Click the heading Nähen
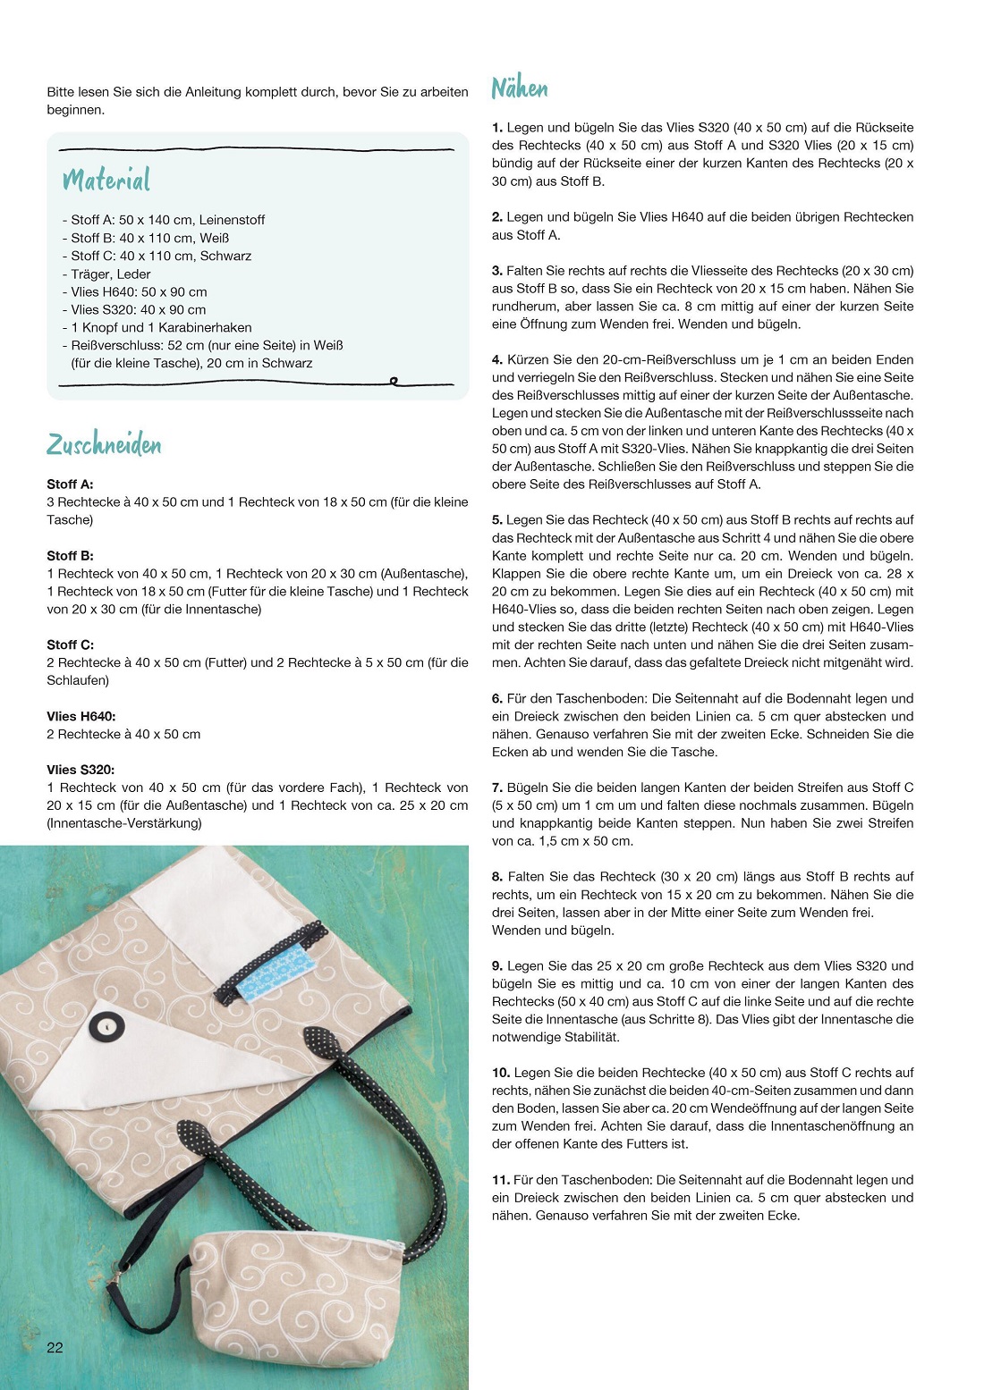[x=519, y=88]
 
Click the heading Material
[x=106, y=180]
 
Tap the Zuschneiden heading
[x=104, y=444]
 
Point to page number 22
[x=55, y=1348]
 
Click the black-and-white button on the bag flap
[x=106, y=1028]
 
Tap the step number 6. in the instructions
[x=497, y=698]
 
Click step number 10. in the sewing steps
[x=501, y=1073]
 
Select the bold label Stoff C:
[x=70, y=644]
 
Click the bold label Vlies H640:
[x=81, y=716]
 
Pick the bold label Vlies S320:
[x=81, y=770]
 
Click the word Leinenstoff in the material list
[x=232, y=220]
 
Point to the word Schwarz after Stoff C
[x=225, y=256]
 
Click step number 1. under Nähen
[x=497, y=128]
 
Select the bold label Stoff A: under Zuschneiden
[x=70, y=484]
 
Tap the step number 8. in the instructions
[x=497, y=877]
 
